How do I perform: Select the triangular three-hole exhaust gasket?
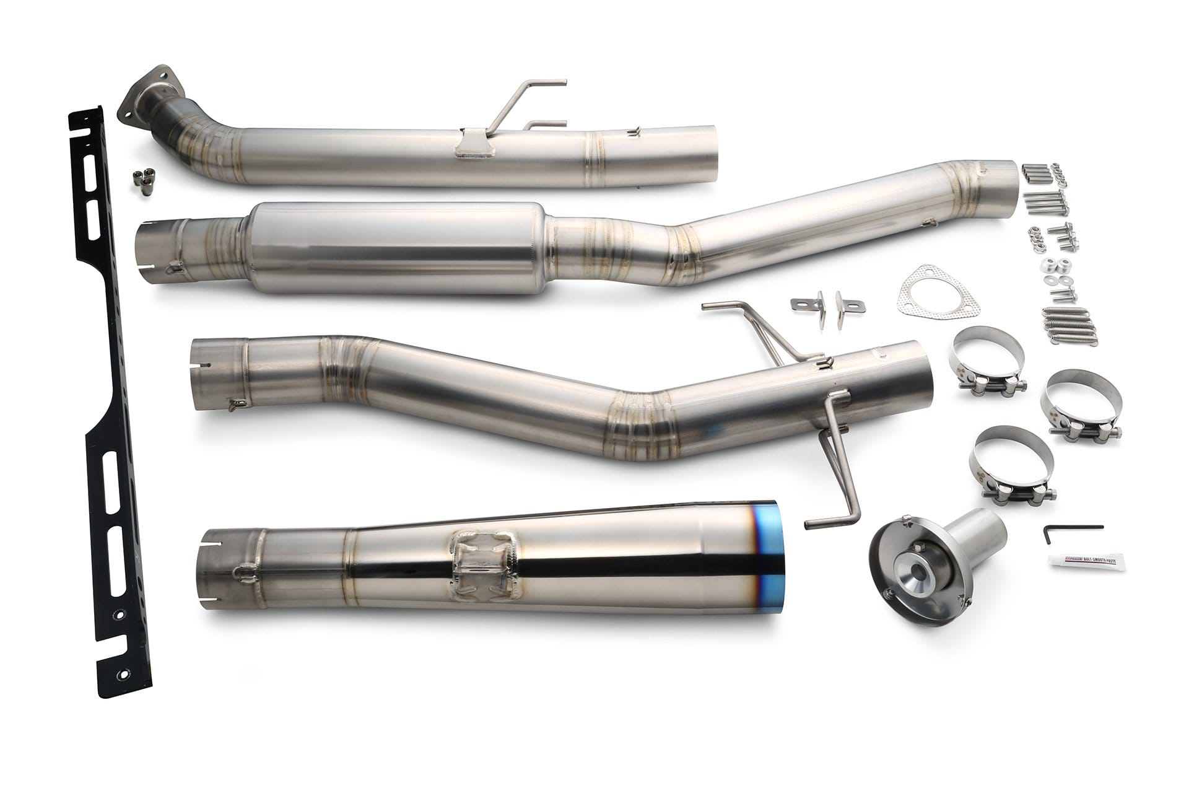pos(916,297)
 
